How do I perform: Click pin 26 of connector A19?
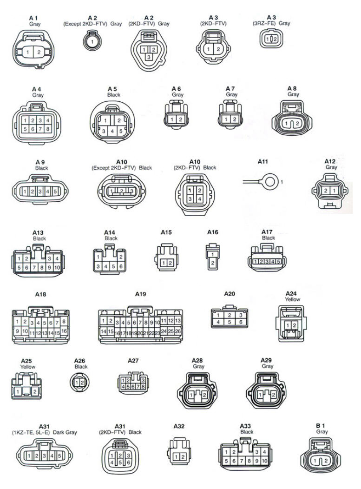click(x=177, y=331)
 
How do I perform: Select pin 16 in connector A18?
click(x=64, y=331)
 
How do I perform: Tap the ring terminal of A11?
click(x=270, y=181)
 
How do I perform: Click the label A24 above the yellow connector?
click(x=291, y=293)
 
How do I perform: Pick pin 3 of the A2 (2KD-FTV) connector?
click(x=149, y=57)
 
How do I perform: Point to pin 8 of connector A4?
click(x=48, y=128)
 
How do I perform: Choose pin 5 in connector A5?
click(x=121, y=131)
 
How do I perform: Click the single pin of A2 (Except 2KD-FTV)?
click(x=92, y=42)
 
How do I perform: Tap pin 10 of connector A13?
click(x=57, y=268)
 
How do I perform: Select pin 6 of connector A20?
click(x=241, y=322)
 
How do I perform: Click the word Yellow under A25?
click(x=28, y=367)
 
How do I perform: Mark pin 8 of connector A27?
click(x=143, y=387)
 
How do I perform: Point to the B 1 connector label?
click(x=321, y=426)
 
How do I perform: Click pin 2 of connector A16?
click(x=213, y=263)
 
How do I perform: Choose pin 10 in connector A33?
click(x=264, y=461)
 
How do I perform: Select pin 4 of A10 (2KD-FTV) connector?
click(x=199, y=199)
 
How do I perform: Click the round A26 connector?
click(x=80, y=383)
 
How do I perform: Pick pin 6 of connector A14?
click(x=121, y=267)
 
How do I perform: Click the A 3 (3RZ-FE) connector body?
click(x=271, y=39)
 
